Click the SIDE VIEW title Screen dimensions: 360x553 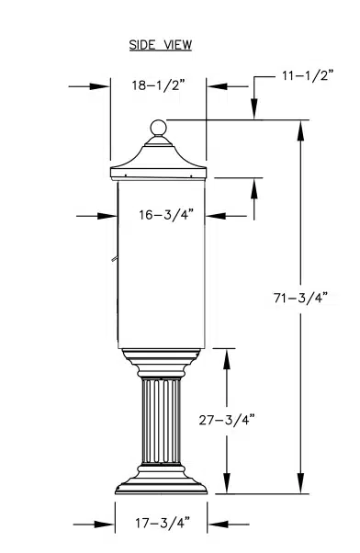point(161,45)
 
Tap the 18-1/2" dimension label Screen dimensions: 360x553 point(158,85)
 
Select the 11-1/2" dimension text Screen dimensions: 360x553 point(308,75)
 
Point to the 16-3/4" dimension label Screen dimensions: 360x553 point(166,214)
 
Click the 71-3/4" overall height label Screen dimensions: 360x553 point(300,298)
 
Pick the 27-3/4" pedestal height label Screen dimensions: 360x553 point(227,420)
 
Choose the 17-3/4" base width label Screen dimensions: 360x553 point(163,523)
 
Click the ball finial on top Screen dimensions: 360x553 point(158,128)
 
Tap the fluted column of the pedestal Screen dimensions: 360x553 point(161,421)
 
